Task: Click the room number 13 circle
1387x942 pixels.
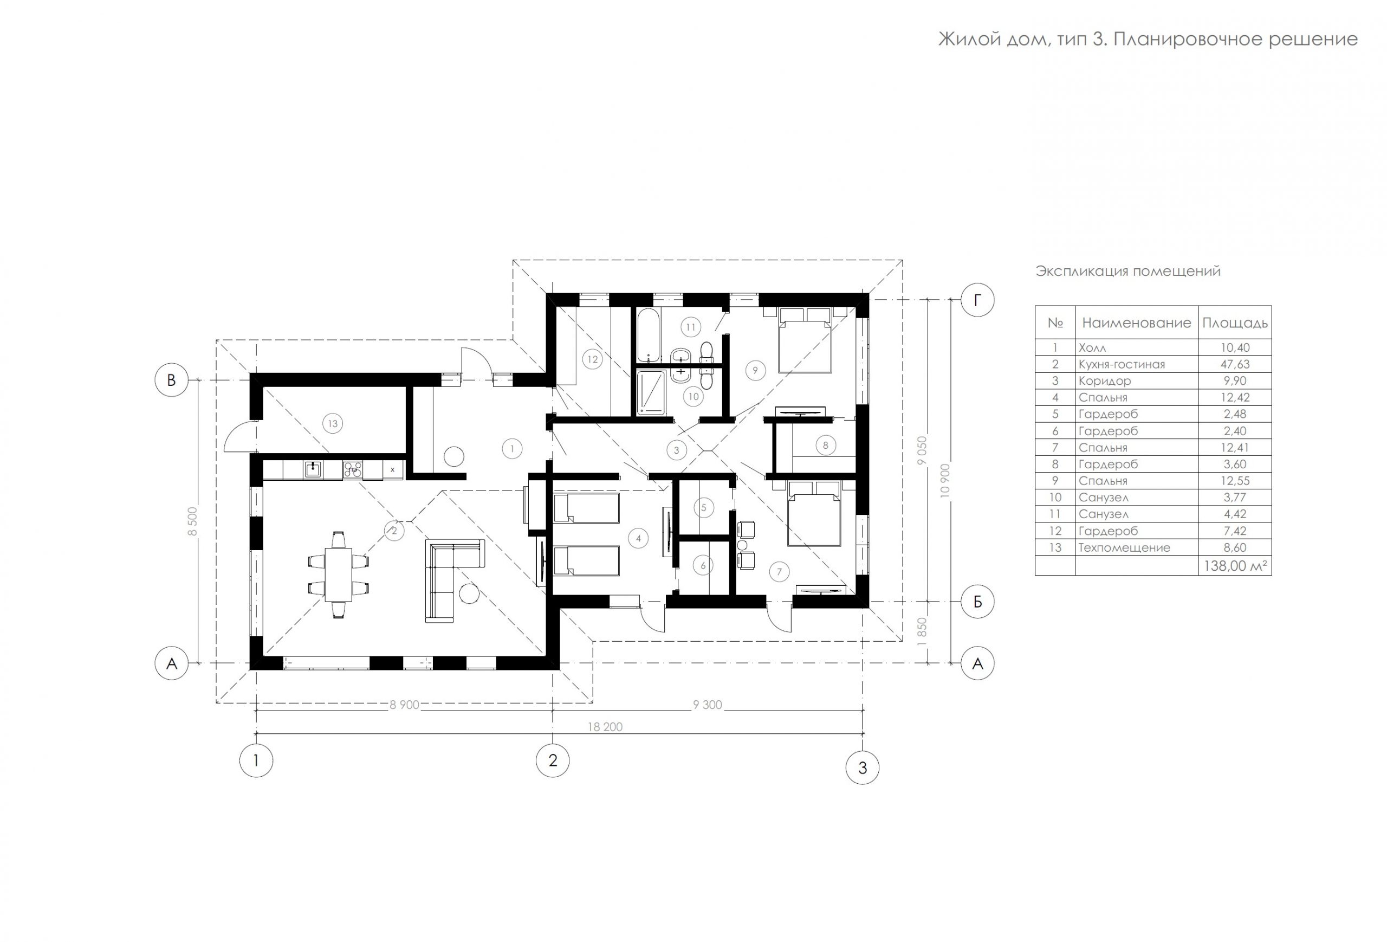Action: pyautogui.click(x=333, y=424)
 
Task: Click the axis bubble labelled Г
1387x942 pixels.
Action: pyautogui.click(x=977, y=300)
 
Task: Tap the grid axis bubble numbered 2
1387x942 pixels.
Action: pyautogui.click(x=553, y=760)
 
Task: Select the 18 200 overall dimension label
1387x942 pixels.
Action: pyautogui.click(x=605, y=726)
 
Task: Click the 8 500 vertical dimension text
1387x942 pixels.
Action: pyautogui.click(x=192, y=523)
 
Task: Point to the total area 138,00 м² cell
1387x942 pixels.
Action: pyautogui.click(x=1235, y=566)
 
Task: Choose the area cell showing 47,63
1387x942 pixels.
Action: pyautogui.click(x=1235, y=364)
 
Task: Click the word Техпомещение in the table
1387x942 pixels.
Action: pyautogui.click(x=1124, y=547)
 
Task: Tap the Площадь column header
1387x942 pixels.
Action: pyautogui.click(x=1235, y=323)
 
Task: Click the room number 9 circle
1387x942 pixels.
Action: pyautogui.click(x=755, y=371)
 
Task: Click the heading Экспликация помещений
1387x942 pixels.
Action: pyautogui.click(x=1128, y=271)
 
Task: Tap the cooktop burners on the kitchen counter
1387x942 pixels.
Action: pyautogui.click(x=353, y=470)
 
